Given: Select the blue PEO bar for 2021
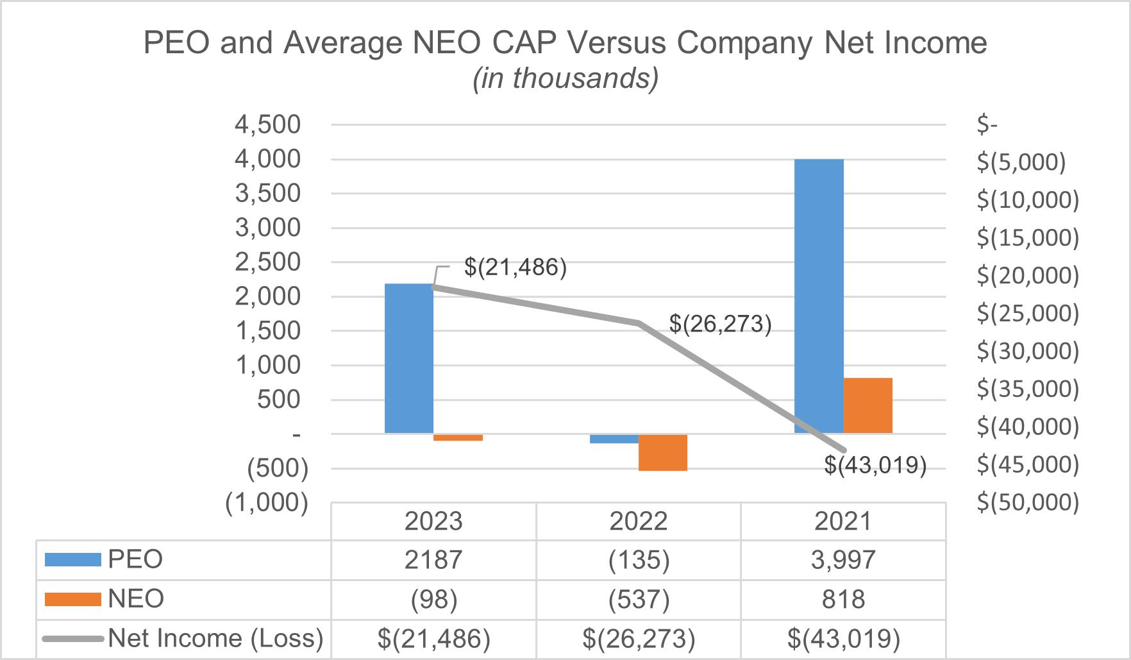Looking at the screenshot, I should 819,296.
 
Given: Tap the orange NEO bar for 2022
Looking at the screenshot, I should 663,452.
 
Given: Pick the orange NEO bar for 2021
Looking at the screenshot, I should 868,405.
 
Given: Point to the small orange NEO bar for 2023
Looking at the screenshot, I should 458,437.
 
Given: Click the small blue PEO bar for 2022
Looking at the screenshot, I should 614,439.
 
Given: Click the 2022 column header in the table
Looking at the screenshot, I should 639,521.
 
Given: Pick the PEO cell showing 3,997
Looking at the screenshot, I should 843,560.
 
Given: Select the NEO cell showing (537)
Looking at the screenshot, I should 639,599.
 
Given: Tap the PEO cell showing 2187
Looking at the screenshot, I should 433,560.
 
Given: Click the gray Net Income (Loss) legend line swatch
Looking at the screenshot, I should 73,639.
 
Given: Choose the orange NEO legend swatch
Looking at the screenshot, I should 73,599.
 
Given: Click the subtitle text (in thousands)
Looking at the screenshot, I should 565,78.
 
